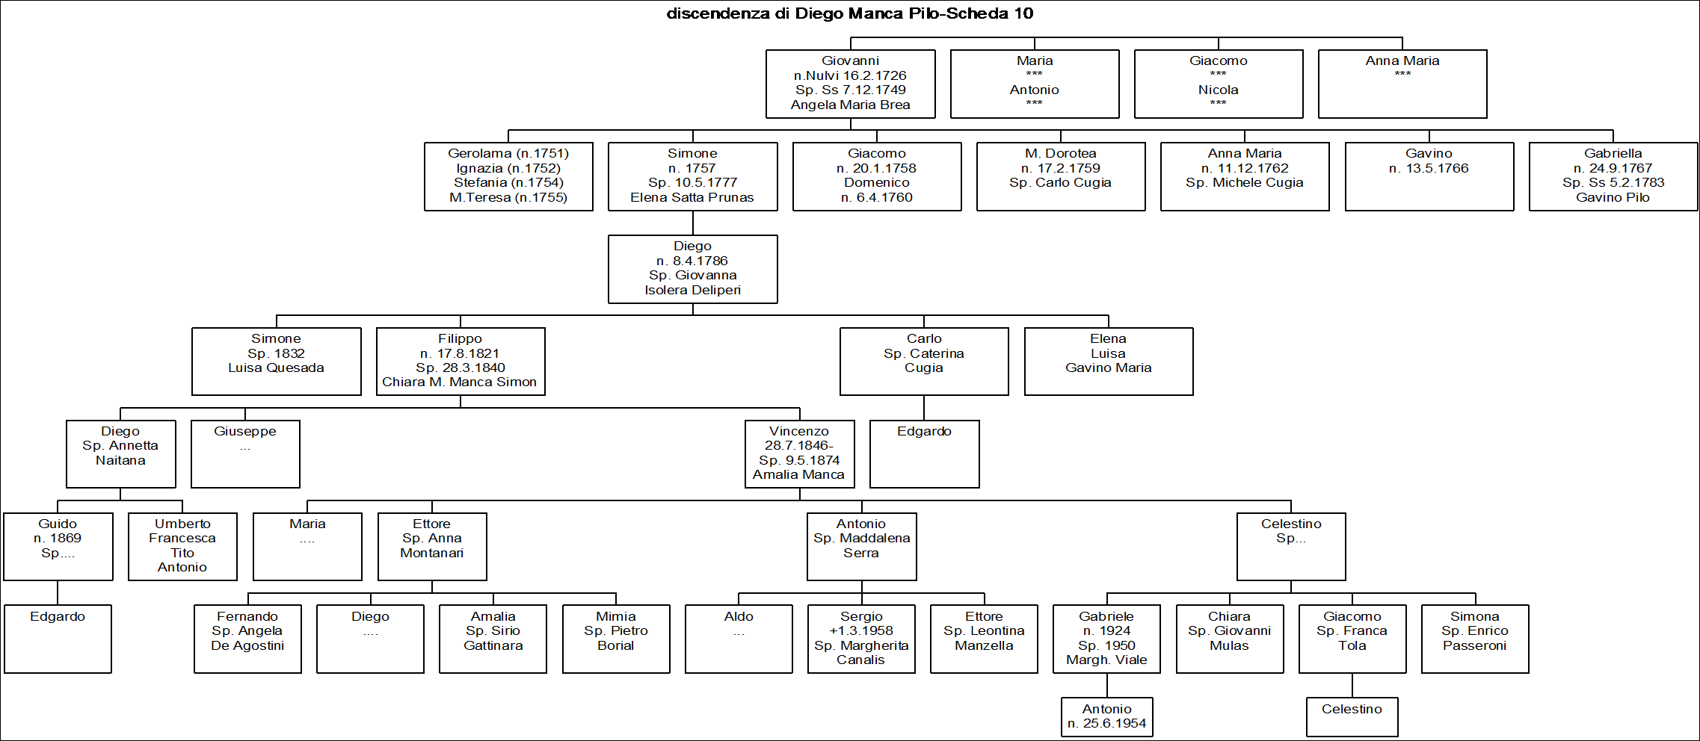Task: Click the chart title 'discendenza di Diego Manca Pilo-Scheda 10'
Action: pos(850,13)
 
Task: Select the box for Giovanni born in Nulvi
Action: pos(851,84)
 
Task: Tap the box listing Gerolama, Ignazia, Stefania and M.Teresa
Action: pos(508,176)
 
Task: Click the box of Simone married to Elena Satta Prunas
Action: pos(693,176)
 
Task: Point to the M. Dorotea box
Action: pos(1061,176)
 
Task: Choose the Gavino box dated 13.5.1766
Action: pos(1429,176)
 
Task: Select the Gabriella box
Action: pos(1613,176)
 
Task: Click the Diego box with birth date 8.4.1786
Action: pos(693,269)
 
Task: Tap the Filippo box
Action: pos(461,362)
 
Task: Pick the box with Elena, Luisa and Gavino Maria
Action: pos(1109,362)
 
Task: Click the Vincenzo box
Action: pos(800,454)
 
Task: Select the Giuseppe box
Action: pos(245,454)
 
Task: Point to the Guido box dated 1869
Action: pos(58,546)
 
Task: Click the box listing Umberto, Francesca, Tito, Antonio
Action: pos(182,546)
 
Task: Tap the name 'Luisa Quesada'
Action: pos(277,368)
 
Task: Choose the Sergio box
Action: pos(861,639)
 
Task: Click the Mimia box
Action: pos(616,639)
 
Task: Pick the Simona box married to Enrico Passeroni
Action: pos(1475,639)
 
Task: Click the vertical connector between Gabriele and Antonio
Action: pos(1107,686)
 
